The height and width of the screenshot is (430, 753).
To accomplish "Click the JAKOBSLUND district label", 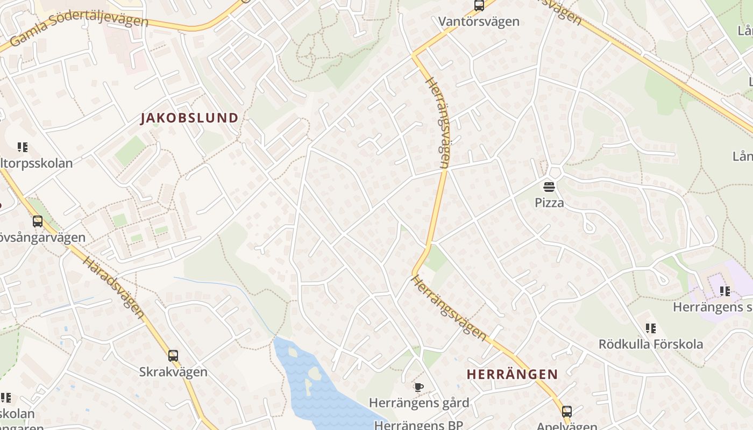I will (x=189, y=118).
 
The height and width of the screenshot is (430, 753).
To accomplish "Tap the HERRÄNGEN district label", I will (x=512, y=374).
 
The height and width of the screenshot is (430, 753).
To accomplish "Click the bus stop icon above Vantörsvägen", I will (x=479, y=6).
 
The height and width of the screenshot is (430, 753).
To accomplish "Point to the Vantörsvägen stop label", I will (x=479, y=21).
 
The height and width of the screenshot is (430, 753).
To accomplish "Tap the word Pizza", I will (x=549, y=203).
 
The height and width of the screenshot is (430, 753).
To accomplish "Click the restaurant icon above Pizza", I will (x=549, y=187).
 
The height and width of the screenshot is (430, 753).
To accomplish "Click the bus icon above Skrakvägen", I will (x=173, y=355).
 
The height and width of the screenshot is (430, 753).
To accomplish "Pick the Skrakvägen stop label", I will (x=173, y=372).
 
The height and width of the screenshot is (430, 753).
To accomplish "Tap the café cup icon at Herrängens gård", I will (x=418, y=387).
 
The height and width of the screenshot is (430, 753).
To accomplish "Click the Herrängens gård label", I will (x=419, y=403).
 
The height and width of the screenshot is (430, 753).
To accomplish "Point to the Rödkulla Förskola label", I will (x=651, y=344).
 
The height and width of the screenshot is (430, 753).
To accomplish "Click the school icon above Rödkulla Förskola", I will (x=651, y=328).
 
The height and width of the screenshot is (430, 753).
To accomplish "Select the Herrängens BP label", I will (x=418, y=425).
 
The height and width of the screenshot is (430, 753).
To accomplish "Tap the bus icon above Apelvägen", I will (x=566, y=412).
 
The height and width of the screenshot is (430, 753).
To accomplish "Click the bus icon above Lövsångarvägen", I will (x=38, y=221).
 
